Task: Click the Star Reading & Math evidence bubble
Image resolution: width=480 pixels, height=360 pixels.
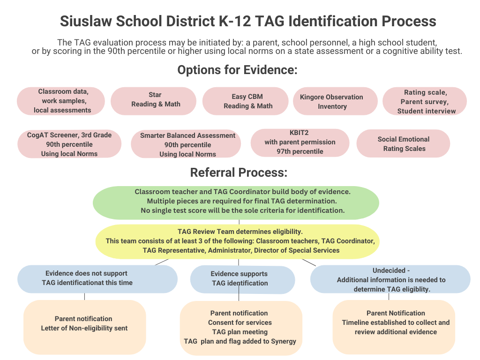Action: coord(153,101)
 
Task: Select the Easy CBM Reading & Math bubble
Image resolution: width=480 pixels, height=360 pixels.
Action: coord(246,101)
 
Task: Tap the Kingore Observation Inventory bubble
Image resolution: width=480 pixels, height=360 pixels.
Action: coord(335,101)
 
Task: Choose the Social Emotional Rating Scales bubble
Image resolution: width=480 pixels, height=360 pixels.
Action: coord(403,143)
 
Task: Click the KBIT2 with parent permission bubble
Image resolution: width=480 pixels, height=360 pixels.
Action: coord(300,142)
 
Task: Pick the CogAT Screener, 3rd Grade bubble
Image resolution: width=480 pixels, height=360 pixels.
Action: coord(69,144)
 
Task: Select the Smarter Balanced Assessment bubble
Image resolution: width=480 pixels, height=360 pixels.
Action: coord(186,144)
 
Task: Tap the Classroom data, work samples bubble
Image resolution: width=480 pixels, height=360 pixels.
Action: coord(61,101)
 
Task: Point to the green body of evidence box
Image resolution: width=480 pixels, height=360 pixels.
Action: coord(236,202)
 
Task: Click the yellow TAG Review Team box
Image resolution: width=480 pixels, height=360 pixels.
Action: coord(238,241)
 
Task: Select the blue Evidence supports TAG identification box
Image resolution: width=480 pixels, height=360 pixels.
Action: coord(242,280)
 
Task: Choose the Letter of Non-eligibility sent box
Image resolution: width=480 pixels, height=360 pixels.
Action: coord(85,327)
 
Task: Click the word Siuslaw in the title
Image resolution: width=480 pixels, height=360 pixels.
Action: coord(86,22)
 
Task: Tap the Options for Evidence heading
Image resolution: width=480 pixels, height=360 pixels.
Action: coord(238,70)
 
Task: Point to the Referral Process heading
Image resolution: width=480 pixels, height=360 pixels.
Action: coord(239,172)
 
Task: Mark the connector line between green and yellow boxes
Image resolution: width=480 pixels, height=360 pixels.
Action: coord(239,222)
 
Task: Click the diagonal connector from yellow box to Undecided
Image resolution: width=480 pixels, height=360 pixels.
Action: coord(309,262)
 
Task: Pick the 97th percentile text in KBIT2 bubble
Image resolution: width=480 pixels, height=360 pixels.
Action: coord(300,151)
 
